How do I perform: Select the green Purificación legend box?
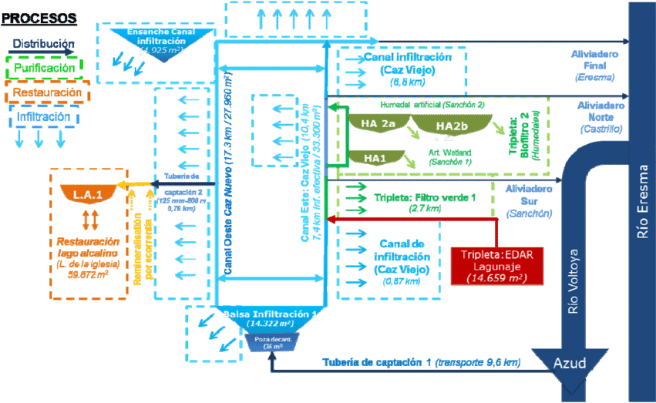(x=44, y=68)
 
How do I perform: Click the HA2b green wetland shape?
(x=452, y=126)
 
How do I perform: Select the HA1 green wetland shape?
(x=375, y=157)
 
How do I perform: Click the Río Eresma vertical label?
(x=643, y=201)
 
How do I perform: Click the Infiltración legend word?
(x=44, y=116)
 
